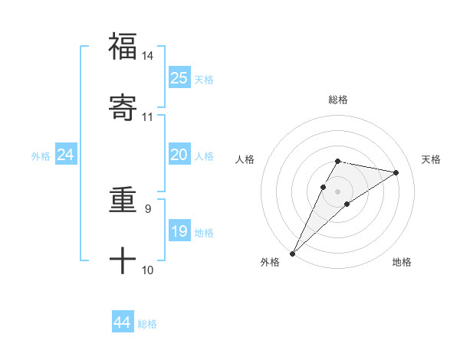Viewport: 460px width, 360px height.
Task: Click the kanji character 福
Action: [x=123, y=46]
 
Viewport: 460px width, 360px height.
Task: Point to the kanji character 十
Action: [x=123, y=260]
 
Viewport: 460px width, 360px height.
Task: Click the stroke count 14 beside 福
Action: [x=147, y=56]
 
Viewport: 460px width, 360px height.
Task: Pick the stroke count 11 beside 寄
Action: [x=147, y=116]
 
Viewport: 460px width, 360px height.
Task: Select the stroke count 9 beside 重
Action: [x=147, y=208]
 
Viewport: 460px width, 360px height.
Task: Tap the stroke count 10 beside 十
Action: [x=147, y=270]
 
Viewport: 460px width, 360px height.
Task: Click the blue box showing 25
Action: [x=179, y=78]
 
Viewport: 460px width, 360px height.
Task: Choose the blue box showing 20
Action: [x=179, y=155]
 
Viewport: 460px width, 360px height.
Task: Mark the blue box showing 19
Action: [x=179, y=231]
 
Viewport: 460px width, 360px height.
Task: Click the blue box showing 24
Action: [x=66, y=155]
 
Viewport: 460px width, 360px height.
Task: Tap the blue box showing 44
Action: [x=123, y=322]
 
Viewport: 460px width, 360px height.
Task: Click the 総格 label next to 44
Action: [x=147, y=324]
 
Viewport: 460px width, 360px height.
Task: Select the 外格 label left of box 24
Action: [x=41, y=156]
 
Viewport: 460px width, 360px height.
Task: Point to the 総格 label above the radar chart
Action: [x=338, y=100]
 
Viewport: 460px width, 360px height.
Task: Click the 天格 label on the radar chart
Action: [x=431, y=159]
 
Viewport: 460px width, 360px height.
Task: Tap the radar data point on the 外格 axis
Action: [x=293, y=253]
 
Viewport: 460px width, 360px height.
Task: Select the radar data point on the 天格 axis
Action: [x=396, y=172]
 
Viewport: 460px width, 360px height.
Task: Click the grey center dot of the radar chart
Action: [x=338, y=191]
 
